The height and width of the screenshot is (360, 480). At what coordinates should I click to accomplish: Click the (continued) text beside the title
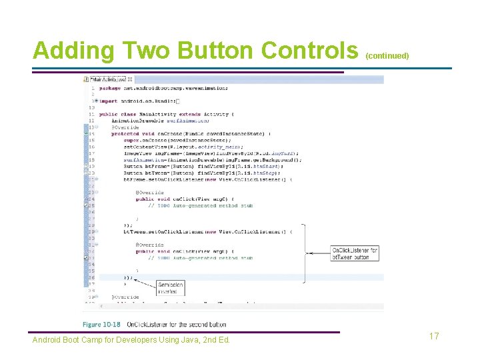click(387, 56)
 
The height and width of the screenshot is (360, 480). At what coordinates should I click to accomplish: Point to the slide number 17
click(434, 336)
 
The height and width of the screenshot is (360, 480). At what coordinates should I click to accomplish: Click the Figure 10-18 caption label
click(102, 325)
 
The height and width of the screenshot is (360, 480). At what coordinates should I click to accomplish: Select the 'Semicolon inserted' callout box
click(171, 288)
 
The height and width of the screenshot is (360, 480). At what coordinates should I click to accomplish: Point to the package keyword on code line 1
click(110, 87)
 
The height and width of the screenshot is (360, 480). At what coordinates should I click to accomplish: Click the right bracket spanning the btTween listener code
click(304, 253)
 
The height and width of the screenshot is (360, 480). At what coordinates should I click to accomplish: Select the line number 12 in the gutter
click(91, 121)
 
